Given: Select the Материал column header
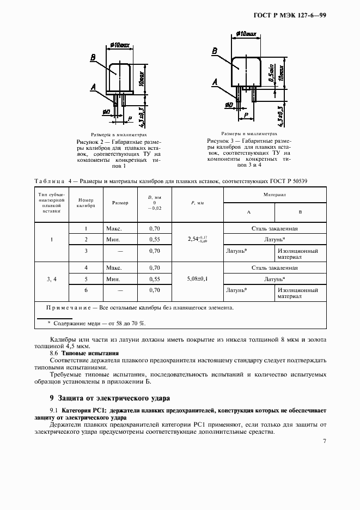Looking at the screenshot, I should tap(275, 194).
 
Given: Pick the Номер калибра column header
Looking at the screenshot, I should tap(86, 203).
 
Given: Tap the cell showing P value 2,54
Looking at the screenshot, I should tap(198, 239).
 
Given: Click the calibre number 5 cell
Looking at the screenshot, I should tap(86, 279).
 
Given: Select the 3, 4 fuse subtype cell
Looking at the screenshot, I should tap(52, 279).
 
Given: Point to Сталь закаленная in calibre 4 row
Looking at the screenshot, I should tap(275, 268).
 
